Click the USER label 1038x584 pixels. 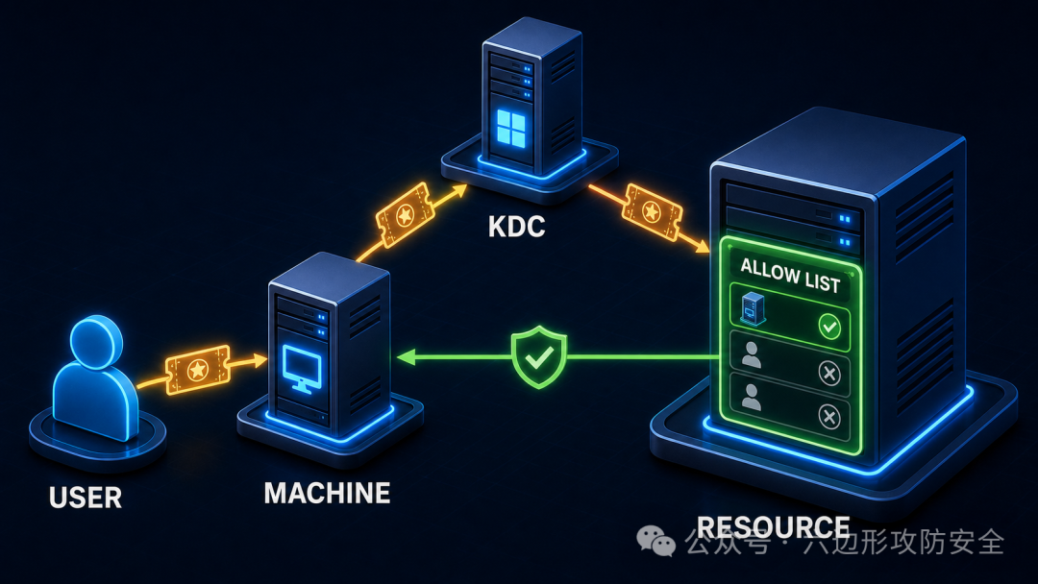(86, 498)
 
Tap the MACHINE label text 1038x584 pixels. (327, 493)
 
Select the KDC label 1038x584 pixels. (516, 227)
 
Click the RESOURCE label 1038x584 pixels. (773, 527)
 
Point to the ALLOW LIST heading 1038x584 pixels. (790, 275)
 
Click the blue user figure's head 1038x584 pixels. (96, 341)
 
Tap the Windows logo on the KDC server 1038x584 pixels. (510, 129)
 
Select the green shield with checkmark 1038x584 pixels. (539, 355)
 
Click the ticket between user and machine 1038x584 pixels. (197, 370)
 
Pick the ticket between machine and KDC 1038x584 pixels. (406, 215)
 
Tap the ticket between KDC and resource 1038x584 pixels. (652, 211)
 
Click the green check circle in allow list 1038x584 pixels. (829, 327)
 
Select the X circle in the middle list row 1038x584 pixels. (829, 373)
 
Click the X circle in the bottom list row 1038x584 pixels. (829, 417)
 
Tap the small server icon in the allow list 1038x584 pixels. (752, 309)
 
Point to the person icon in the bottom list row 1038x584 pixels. (752, 398)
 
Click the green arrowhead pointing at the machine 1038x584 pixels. (406, 357)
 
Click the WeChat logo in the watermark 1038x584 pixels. (655, 541)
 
